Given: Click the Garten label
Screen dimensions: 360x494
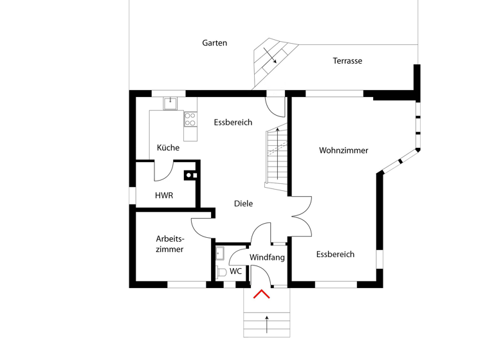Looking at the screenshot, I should click(214, 43).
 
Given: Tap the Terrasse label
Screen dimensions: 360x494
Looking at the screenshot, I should click(347, 61).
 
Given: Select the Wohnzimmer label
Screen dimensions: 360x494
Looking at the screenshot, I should click(343, 150).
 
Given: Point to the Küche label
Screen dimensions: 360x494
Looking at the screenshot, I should click(168, 148).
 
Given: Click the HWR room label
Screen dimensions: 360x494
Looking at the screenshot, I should click(164, 195).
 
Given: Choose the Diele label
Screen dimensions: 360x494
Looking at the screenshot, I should click(243, 204).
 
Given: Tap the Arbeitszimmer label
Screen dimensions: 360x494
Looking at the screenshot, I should click(170, 244).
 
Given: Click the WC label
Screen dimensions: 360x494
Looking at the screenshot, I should click(236, 271).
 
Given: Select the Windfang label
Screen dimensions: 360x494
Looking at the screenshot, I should click(267, 257).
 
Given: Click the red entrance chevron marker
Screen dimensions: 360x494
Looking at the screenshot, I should click(261, 295).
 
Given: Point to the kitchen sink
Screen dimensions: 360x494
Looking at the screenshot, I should click(171, 103).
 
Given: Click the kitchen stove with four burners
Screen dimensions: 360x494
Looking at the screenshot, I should click(190, 118).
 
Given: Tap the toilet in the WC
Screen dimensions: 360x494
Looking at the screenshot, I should click(221, 272).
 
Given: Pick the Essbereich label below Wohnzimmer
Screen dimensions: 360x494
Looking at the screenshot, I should click(335, 255).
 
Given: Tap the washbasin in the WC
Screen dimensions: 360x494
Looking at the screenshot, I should click(219, 252).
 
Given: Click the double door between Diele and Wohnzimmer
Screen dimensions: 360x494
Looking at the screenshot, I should click(301, 216).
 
